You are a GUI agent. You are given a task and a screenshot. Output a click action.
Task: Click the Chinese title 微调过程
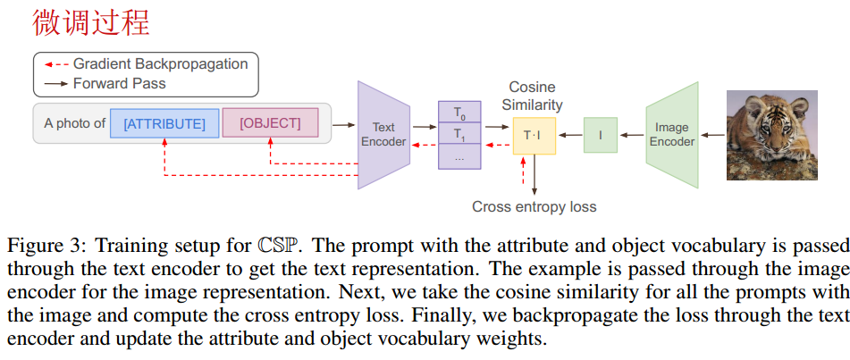[91, 22]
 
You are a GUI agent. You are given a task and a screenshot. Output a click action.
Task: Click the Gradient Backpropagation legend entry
[160, 64]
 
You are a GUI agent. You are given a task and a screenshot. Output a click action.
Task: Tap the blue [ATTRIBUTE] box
[164, 123]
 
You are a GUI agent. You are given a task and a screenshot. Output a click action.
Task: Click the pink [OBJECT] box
[270, 122]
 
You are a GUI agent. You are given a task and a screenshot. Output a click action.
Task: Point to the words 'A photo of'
[74, 123]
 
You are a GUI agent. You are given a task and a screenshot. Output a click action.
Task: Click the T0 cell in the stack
[459, 113]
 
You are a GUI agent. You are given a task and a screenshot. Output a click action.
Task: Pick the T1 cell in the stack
[459, 135]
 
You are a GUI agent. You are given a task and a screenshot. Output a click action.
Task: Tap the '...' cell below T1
[459, 156]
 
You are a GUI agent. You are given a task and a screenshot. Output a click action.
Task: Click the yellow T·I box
[533, 135]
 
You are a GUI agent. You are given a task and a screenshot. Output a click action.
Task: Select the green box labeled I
[601, 135]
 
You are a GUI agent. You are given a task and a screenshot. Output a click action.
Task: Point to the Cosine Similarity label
[532, 96]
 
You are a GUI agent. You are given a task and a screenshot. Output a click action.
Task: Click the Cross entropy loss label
[534, 206]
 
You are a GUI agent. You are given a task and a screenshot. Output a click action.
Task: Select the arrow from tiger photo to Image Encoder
[711, 135]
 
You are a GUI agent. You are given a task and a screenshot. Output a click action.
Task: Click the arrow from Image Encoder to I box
[632, 135]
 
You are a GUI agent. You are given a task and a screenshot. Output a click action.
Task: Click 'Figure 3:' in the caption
[45, 245]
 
